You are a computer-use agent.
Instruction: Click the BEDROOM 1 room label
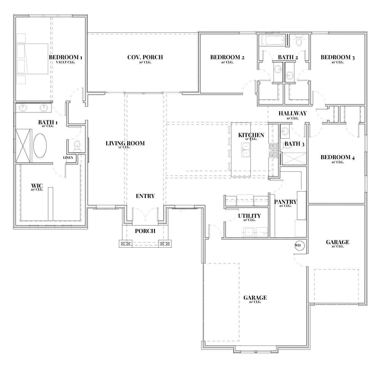66,57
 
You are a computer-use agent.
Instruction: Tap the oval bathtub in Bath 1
40,146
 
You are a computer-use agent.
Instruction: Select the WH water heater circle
299,245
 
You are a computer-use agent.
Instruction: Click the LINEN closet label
68,158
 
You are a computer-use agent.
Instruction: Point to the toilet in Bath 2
299,40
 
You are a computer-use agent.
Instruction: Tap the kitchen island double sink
246,150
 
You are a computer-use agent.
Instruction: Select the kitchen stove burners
273,151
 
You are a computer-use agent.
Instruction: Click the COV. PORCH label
145,57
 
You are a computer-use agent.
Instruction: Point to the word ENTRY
145,196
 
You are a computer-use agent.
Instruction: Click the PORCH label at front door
145,231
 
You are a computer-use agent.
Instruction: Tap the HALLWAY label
293,114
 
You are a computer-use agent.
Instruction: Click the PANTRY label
285,202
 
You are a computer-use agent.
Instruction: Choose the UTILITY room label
249,216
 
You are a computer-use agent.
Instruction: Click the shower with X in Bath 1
24,146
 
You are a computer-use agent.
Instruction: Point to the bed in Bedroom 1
32,59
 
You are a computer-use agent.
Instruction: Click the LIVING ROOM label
125,143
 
